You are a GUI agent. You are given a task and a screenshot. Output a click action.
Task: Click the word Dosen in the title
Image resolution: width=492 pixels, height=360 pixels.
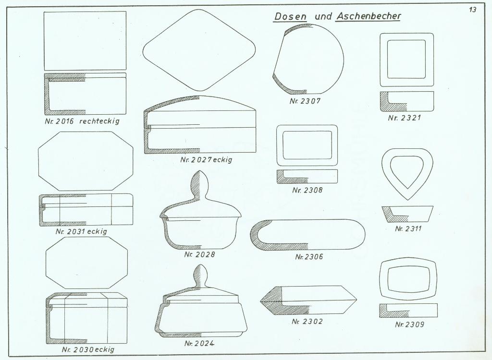click(290, 16)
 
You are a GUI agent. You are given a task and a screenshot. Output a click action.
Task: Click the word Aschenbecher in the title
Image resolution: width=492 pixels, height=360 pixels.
click(369, 16)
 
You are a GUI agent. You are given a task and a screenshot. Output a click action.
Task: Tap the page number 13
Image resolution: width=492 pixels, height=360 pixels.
click(473, 10)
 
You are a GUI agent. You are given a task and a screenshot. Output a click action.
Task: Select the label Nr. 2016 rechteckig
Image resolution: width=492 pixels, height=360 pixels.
click(79, 121)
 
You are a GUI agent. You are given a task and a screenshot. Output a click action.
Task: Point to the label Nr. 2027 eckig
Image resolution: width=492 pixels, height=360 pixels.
click(206, 160)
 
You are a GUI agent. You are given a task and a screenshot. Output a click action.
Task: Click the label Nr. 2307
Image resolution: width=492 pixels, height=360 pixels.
click(305, 101)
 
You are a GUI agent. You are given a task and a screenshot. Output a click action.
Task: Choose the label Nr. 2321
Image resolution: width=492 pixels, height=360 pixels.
click(404, 118)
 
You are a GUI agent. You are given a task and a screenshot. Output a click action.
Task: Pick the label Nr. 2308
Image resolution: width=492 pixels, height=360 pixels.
click(307, 190)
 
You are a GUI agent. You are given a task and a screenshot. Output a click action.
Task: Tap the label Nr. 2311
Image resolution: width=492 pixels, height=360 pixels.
click(408, 228)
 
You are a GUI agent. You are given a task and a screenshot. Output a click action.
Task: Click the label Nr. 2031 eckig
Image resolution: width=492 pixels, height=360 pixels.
click(81, 231)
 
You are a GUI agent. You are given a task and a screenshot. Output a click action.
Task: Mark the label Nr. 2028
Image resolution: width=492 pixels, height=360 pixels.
click(199, 254)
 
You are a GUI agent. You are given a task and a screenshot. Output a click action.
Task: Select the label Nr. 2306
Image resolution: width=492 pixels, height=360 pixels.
click(309, 257)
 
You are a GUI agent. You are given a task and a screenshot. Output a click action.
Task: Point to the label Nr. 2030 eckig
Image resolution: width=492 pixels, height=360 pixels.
click(88, 349)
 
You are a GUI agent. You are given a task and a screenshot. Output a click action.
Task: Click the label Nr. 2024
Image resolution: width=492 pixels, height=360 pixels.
click(199, 344)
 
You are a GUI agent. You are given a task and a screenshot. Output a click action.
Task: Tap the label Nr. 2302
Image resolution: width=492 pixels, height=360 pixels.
click(307, 322)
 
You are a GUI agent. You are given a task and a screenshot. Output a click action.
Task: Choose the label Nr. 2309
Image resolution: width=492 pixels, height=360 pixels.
click(409, 324)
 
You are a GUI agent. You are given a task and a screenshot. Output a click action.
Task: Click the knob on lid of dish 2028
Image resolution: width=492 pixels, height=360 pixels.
click(199, 185)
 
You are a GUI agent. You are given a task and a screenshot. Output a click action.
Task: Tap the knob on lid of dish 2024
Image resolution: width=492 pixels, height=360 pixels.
click(199, 275)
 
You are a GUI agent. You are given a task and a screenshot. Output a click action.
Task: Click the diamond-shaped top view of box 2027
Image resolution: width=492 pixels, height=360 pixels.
click(199, 49)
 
